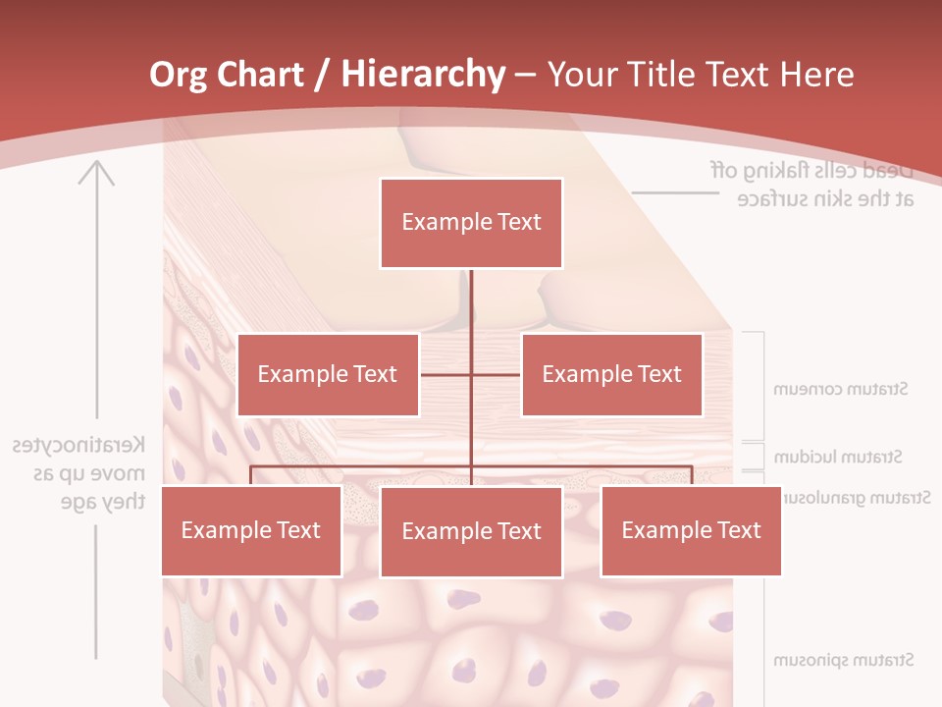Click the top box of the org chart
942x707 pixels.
point(471,223)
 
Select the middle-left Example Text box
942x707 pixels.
point(328,374)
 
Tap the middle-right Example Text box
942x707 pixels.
point(611,374)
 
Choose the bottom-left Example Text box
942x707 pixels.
point(251,531)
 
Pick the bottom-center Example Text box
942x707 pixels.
point(471,532)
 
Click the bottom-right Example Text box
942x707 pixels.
point(691,531)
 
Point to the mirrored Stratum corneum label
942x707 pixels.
point(841,389)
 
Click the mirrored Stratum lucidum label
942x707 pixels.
point(838,457)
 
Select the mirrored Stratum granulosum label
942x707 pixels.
point(854,498)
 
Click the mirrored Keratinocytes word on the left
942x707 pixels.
point(79,445)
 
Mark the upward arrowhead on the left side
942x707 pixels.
point(96,174)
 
